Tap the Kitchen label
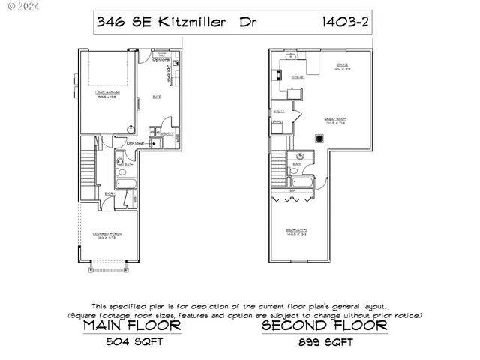click(297, 76)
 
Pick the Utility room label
click(278, 111)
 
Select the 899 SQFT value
click(325, 343)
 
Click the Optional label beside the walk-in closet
click(136, 143)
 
